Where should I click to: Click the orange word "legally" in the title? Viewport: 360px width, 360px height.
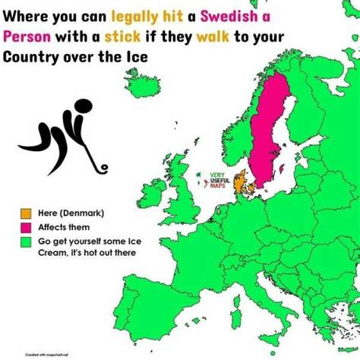tap(134, 15)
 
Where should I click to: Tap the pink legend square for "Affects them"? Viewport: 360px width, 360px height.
tap(26, 226)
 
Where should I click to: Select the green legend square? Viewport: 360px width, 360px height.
tap(26, 242)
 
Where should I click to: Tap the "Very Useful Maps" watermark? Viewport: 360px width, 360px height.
tap(218, 180)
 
